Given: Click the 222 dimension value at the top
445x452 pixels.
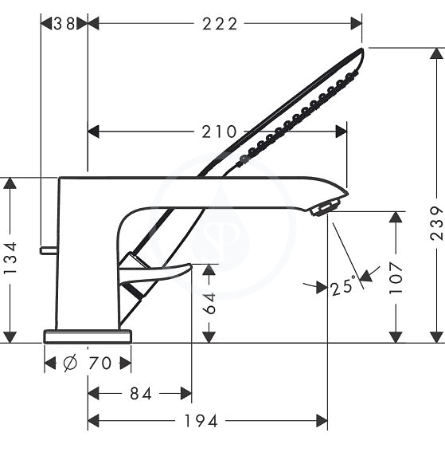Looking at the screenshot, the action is tap(220, 24).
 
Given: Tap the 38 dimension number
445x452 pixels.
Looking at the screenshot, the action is tap(64, 24).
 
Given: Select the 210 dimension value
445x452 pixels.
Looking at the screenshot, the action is tap(219, 132).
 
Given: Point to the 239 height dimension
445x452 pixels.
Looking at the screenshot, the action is tap(436, 223).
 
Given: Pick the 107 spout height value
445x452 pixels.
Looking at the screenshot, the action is tap(396, 278).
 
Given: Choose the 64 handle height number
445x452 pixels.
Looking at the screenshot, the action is tap(209, 303).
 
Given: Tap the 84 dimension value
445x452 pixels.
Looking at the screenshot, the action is tap(141, 394).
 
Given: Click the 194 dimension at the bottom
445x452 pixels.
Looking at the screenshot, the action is tap(201, 421).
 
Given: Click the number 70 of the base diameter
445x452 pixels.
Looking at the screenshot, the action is tap(100, 363).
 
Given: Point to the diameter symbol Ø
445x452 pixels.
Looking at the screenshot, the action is tap(70, 363).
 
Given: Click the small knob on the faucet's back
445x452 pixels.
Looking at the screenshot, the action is tap(49, 250).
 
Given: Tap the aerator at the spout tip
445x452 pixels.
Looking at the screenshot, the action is tap(326, 207).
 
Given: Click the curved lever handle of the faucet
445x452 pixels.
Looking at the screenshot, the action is tap(155, 273).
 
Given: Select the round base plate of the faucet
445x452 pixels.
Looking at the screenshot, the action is tap(88, 336).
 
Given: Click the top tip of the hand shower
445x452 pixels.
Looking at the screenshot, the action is tap(362, 49).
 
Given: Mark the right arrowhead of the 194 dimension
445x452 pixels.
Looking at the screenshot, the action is tap(322, 421).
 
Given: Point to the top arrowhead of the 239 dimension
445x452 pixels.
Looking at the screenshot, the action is tap(436, 53).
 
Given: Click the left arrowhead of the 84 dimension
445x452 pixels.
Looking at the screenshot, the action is tap(93, 394).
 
